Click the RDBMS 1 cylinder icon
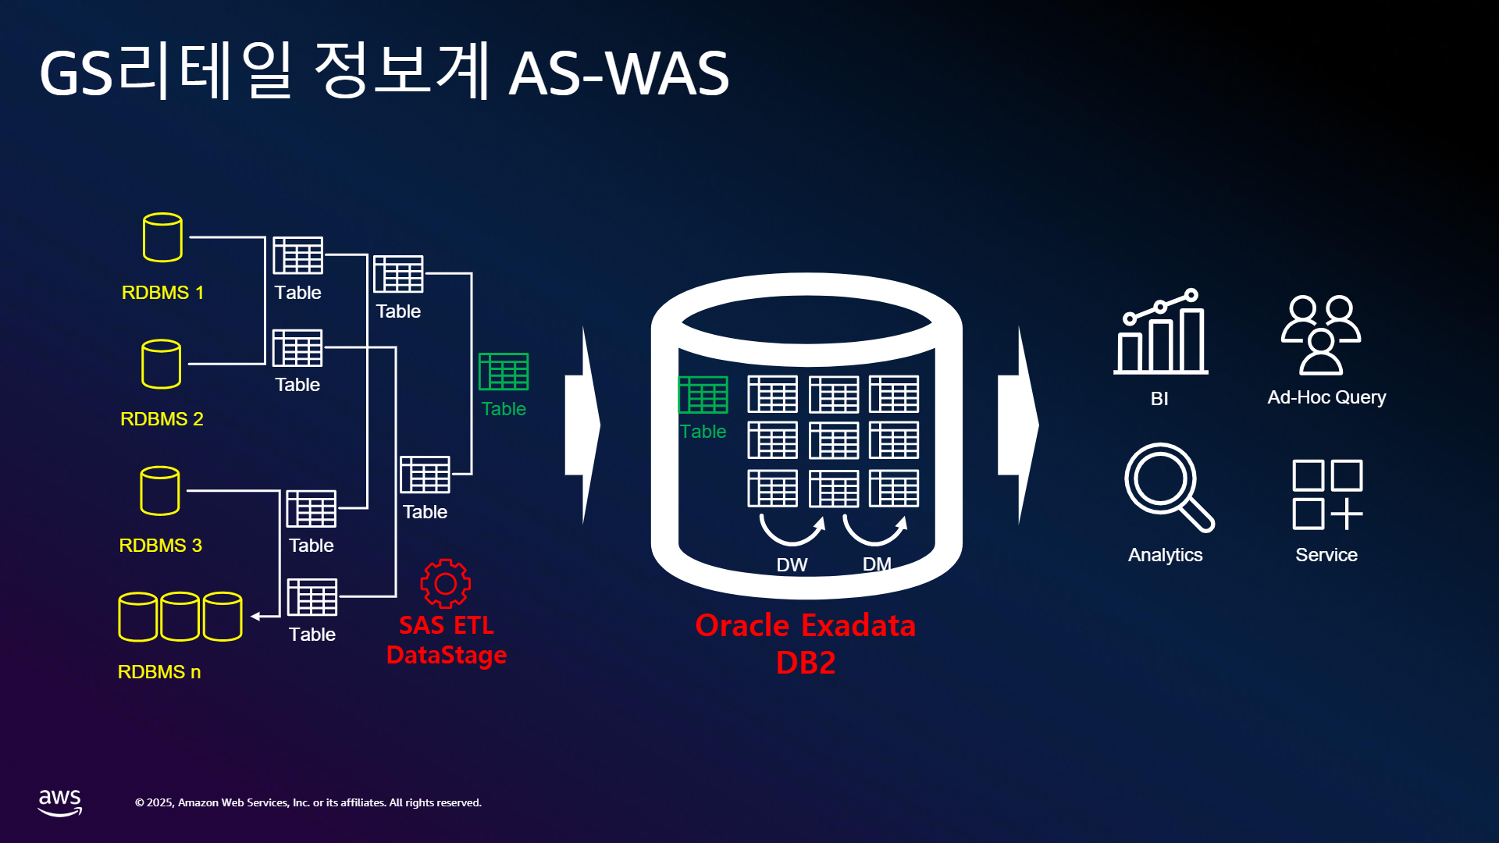click(162, 237)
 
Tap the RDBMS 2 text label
click(162, 419)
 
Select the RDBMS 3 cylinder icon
click(160, 491)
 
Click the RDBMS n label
click(159, 672)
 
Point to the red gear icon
click(445, 583)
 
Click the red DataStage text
click(447, 655)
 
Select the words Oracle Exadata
click(805, 625)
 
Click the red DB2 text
click(806, 663)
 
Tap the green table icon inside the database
click(703, 394)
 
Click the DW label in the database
click(792, 565)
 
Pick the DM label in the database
click(877, 564)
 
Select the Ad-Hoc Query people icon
click(1321, 335)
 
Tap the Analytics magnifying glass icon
click(1169, 488)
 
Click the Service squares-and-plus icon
click(1327, 495)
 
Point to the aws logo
click(60, 802)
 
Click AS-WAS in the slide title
click(618, 73)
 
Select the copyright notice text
click(308, 802)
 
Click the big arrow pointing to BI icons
click(1018, 425)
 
